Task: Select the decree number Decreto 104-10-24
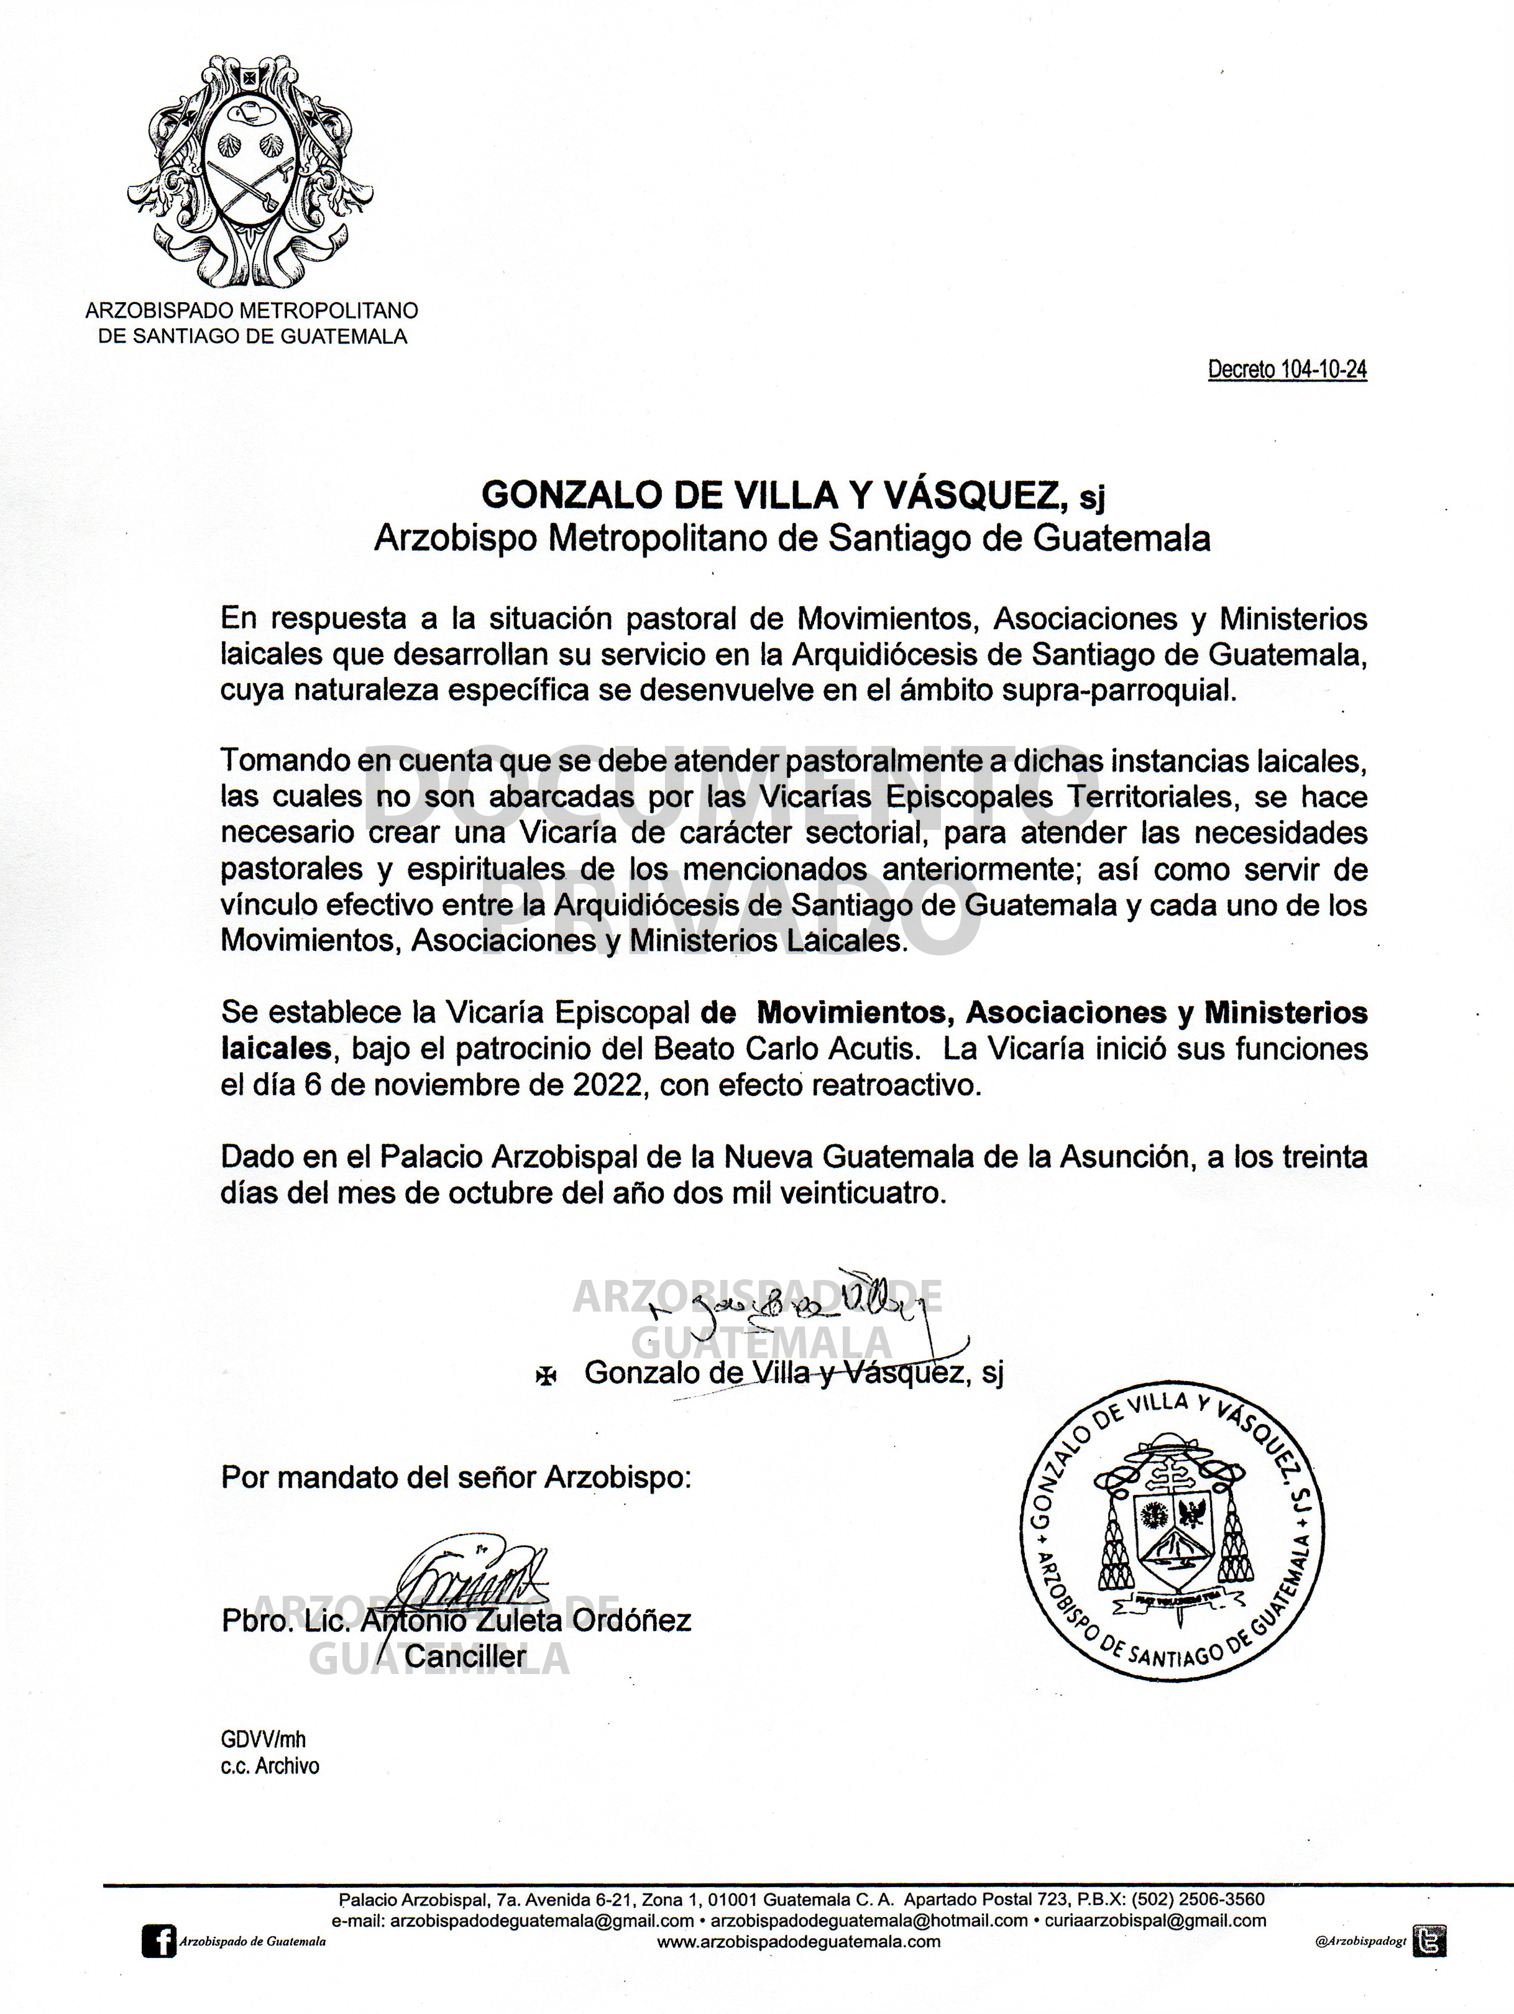click(x=1287, y=370)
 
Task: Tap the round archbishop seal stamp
click(x=1172, y=1530)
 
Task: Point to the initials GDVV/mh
click(x=263, y=1739)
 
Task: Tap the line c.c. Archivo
click(x=270, y=1765)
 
